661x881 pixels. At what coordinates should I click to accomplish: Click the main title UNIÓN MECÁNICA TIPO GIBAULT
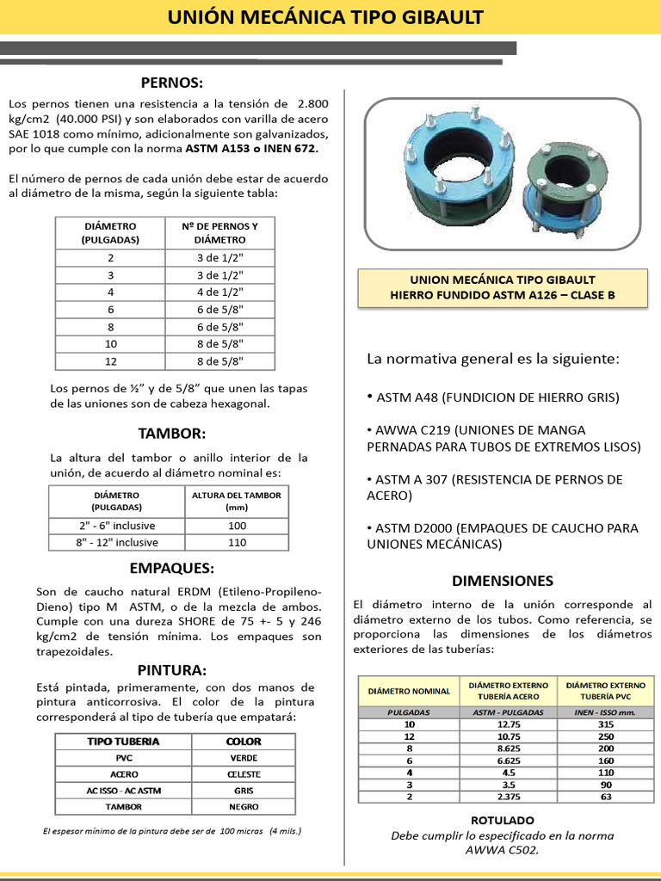pos(331,17)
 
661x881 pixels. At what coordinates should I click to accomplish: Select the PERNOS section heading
pos(172,83)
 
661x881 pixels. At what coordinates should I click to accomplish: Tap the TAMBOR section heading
pos(172,433)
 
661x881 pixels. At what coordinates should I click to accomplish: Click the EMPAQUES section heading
pos(172,568)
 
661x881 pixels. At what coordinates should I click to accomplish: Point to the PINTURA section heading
pos(172,669)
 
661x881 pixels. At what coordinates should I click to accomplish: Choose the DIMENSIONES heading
pos(503,581)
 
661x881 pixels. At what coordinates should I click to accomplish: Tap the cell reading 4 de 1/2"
pos(220,292)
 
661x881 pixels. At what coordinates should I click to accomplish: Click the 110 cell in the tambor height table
pos(237,542)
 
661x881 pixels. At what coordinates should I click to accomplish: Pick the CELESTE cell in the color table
pos(244,774)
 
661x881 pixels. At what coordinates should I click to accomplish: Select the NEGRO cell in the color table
pos(244,807)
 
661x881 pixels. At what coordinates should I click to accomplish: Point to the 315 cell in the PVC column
pos(606,724)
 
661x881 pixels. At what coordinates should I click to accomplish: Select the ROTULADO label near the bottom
pos(503,820)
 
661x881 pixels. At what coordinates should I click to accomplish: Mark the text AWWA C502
pos(503,851)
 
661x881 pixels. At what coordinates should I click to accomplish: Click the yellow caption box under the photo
pos(503,288)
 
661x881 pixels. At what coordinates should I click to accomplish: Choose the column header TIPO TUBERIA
pos(123,742)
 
